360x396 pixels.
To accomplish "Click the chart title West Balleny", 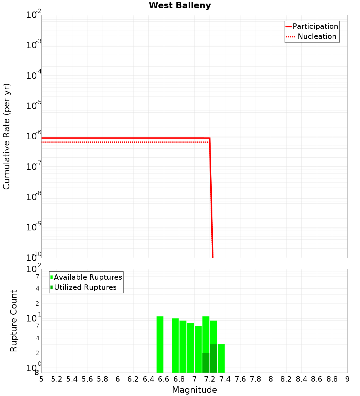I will coord(180,5).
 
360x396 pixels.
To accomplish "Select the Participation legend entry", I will coord(315,26).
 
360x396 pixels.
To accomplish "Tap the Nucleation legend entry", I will coord(316,36).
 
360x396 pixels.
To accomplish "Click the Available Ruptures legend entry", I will coord(87,277).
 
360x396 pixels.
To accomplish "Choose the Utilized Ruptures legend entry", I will coord(85,287).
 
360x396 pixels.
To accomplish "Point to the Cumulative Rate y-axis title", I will coord(6,136).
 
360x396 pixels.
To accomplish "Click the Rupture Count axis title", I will coord(14,321).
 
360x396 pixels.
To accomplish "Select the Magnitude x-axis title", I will coord(194,390).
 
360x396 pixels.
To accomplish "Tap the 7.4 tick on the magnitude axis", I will coord(225,379).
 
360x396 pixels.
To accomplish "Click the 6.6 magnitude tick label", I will coord(164,379).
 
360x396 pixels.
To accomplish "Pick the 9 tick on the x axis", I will coord(347,379).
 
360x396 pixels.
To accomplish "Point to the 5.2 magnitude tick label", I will coord(57,379).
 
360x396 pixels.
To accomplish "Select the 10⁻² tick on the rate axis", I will coord(34,15).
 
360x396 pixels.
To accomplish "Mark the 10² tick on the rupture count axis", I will coord(34,269).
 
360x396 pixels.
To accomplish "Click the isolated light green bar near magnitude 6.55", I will coord(160,344).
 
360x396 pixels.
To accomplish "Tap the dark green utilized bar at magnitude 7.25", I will coord(213,358).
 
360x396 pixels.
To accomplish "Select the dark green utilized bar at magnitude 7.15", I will coord(206,363).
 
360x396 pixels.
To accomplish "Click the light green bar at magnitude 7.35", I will coord(221,358).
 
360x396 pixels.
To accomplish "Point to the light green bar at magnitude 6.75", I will coord(175,345).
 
